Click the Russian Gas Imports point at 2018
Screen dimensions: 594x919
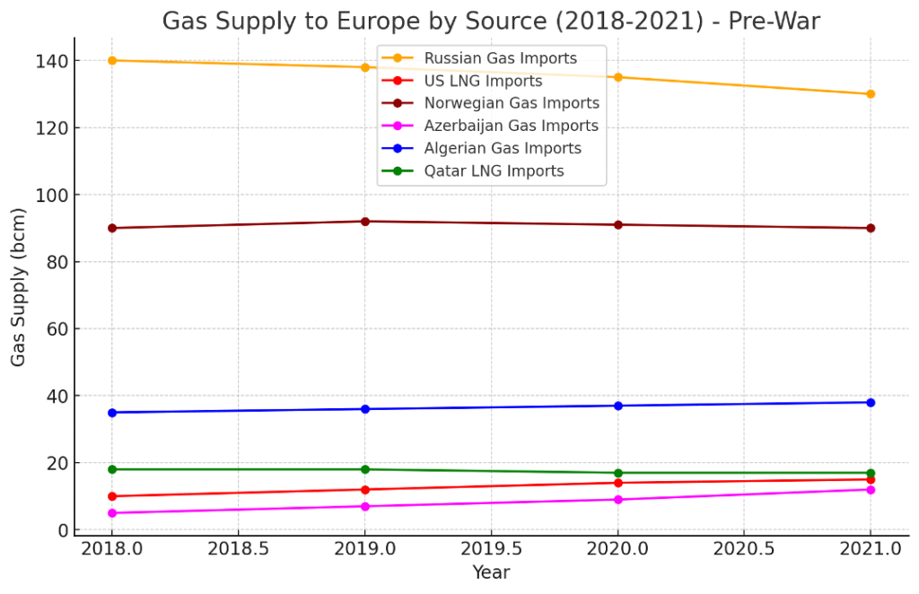click(112, 60)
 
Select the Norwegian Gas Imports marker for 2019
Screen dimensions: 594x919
click(365, 221)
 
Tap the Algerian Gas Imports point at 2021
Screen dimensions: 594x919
click(871, 402)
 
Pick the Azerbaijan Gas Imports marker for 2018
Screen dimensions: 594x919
click(112, 513)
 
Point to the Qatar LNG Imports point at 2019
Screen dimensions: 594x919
click(365, 469)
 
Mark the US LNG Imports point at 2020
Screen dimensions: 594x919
click(617, 483)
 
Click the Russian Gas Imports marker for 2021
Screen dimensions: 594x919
click(871, 93)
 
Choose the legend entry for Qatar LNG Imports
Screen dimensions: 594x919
click(494, 170)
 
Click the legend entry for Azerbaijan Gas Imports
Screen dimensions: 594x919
click(511, 126)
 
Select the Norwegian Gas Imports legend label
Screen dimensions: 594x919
click(512, 103)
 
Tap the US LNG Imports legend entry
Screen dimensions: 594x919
click(483, 81)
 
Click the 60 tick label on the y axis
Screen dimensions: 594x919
click(57, 329)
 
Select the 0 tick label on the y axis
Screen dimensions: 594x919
click(63, 530)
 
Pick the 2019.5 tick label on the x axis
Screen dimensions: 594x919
click(491, 547)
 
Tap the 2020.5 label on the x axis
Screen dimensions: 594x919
click(744, 547)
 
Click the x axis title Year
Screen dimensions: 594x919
click(491, 572)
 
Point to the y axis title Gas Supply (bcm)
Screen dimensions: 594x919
click(19, 286)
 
